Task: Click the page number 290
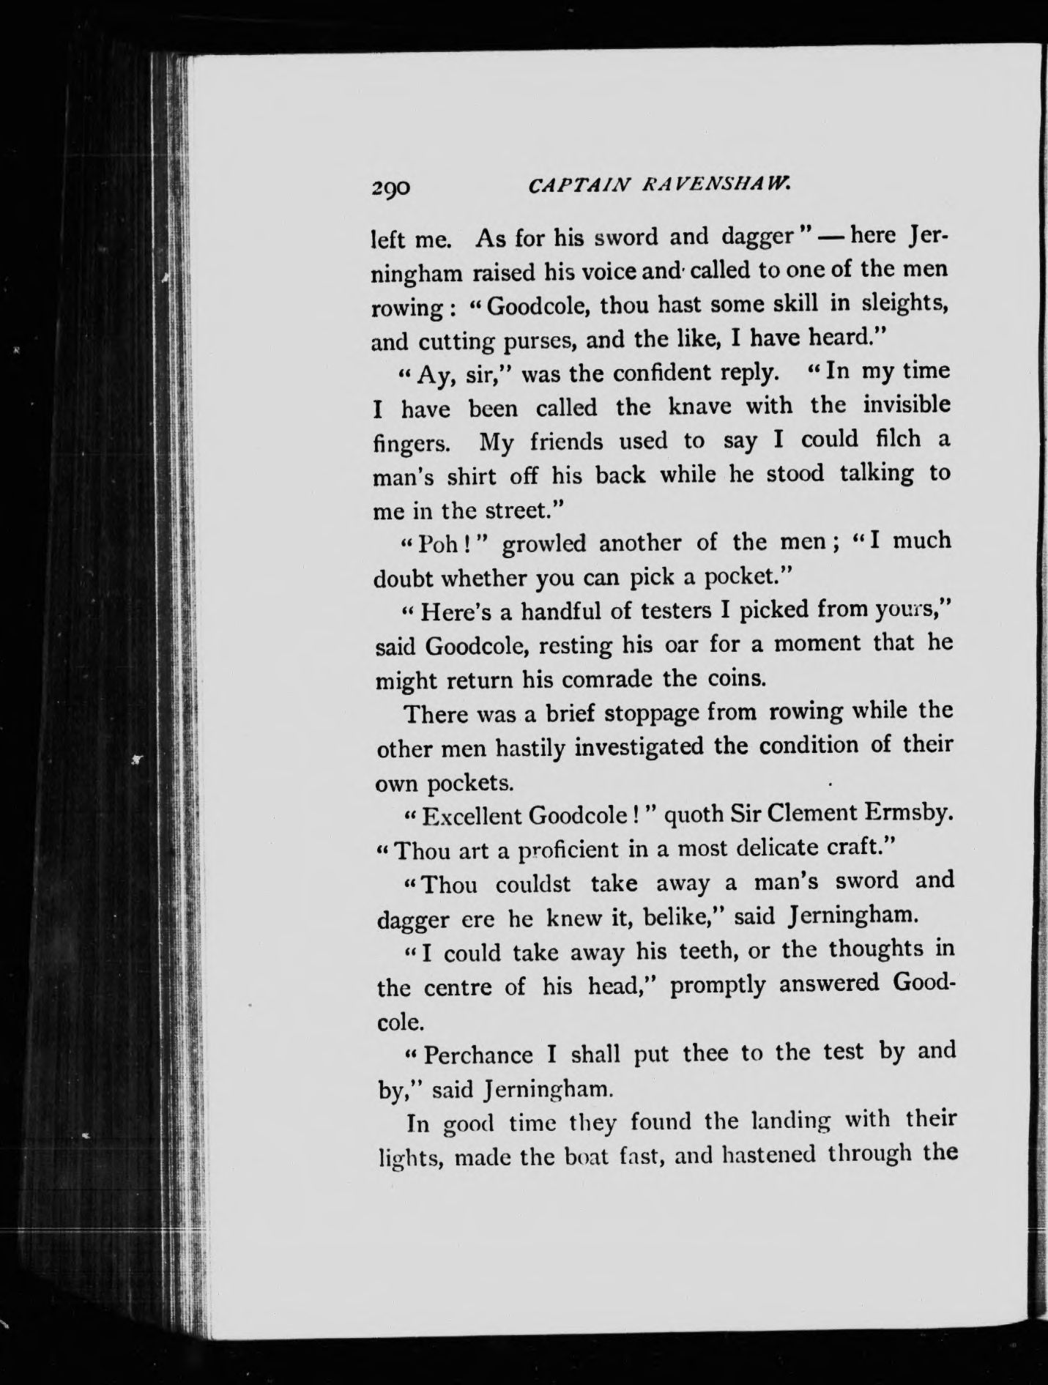(x=392, y=188)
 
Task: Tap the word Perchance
(x=479, y=1055)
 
